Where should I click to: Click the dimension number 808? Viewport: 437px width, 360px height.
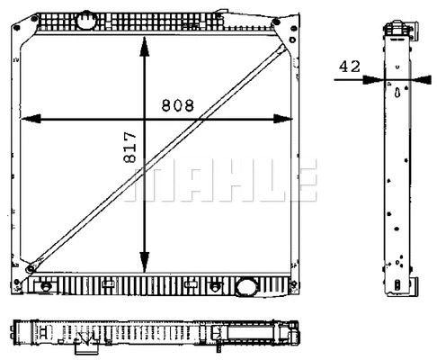(177, 104)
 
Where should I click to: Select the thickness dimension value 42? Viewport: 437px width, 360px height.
(350, 66)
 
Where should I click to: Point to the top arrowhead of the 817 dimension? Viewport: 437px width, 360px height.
(145, 42)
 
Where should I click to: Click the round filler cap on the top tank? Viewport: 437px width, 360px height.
(86, 19)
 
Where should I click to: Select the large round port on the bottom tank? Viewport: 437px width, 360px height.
(245, 287)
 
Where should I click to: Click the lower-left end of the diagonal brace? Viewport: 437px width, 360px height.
(32, 267)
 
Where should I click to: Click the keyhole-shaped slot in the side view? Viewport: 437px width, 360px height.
(397, 90)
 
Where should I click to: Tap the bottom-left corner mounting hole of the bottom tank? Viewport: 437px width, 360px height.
(33, 286)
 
